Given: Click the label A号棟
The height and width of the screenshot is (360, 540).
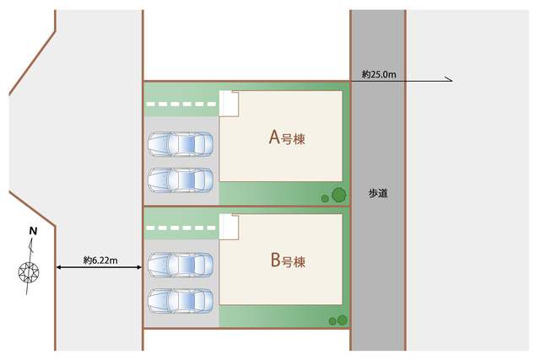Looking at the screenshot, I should (286, 137).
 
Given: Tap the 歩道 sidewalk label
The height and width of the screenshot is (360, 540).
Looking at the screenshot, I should (378, 193).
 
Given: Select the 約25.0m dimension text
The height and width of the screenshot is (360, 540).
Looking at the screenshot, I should (379, 75).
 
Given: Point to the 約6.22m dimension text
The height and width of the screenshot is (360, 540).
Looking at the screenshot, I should (100, 260).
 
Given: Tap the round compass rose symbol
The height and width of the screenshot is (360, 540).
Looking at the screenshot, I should (30, 272).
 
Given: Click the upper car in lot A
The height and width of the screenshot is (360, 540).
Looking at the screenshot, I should (181, 144).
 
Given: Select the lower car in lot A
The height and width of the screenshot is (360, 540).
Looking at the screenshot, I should (181, 179).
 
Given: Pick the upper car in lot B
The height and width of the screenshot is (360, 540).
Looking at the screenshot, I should (181, 265).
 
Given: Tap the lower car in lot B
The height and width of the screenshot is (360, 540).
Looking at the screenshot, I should (181, 299).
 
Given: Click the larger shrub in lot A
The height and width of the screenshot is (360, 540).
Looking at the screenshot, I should (338, 196).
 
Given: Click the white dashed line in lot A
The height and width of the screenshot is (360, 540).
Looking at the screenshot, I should (181, 105).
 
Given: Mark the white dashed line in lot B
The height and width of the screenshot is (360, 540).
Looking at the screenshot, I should (181, 227).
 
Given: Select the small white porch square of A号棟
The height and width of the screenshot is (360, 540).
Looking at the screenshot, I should (229, 103).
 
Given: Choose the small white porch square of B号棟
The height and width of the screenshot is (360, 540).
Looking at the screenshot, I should (229, 225).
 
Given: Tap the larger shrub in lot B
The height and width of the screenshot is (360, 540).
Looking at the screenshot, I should (343, 320).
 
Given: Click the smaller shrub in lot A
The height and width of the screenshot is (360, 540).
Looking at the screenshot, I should (325, 199).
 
